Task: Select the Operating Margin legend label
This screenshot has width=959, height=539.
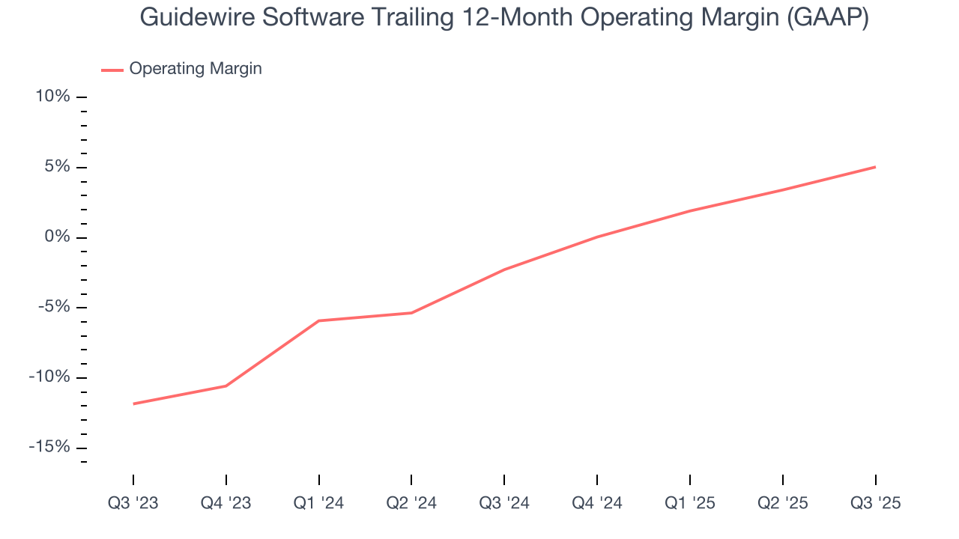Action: [196, 69]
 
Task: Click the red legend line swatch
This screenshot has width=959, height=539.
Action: [112, 70]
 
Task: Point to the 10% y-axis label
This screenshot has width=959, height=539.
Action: [52, 97]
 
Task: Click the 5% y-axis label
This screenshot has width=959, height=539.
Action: [57, 167]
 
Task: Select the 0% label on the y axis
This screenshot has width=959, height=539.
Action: [57, 237]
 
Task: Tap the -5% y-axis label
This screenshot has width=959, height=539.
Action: [54, 307]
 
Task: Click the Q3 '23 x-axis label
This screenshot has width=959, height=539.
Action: [133, 504]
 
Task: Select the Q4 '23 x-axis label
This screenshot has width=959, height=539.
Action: [226, 504]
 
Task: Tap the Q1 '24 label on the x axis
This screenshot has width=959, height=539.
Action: [319, 504]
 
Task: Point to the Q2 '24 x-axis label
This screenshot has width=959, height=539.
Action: [411, 504]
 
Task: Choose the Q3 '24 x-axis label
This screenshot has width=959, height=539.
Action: [504, 504]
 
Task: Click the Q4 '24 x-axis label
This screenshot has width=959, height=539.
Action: [597, 504]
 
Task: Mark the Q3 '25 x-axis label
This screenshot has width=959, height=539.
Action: [875, 504]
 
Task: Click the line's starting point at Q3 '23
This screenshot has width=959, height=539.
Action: [133, 404]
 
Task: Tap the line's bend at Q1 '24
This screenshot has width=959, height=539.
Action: [319, 320]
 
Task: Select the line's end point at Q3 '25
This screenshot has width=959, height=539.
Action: [875, 167]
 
